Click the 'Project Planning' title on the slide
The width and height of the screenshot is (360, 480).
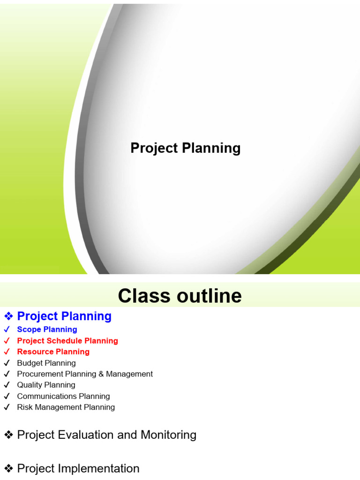(x=185, y=148)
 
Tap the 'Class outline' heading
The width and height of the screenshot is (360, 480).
(x=180, y=296)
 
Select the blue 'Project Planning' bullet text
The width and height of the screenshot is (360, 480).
(x=64, y=316)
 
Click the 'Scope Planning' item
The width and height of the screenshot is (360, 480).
(x=47, y=330)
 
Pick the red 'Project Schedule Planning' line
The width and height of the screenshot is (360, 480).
(x=67, y=341)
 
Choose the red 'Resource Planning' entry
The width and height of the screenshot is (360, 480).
(x=53, y=352)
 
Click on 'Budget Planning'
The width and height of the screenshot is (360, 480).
(x=46, y=363)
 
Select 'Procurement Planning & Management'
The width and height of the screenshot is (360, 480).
(x=85, y=374)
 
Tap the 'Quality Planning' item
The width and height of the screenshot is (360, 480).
(x=46, y=385)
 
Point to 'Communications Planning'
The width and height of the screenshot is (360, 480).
(x=63, y=396)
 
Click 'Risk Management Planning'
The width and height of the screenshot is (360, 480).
(x=66, y=407)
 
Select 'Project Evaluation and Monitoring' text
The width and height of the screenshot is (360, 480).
(x=106, y=435)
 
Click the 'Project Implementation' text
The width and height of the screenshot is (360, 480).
(x=78, y=468)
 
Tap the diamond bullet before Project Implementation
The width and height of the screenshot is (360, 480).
(x=8, y=468)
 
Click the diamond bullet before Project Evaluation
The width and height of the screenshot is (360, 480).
(x=8, y=435)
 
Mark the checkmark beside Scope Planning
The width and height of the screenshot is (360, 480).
(x=7, y=330)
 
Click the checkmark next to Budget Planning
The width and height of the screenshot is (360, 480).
(x=7, y=363)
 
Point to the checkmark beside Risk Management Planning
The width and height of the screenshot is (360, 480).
(x=7, y=407)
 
